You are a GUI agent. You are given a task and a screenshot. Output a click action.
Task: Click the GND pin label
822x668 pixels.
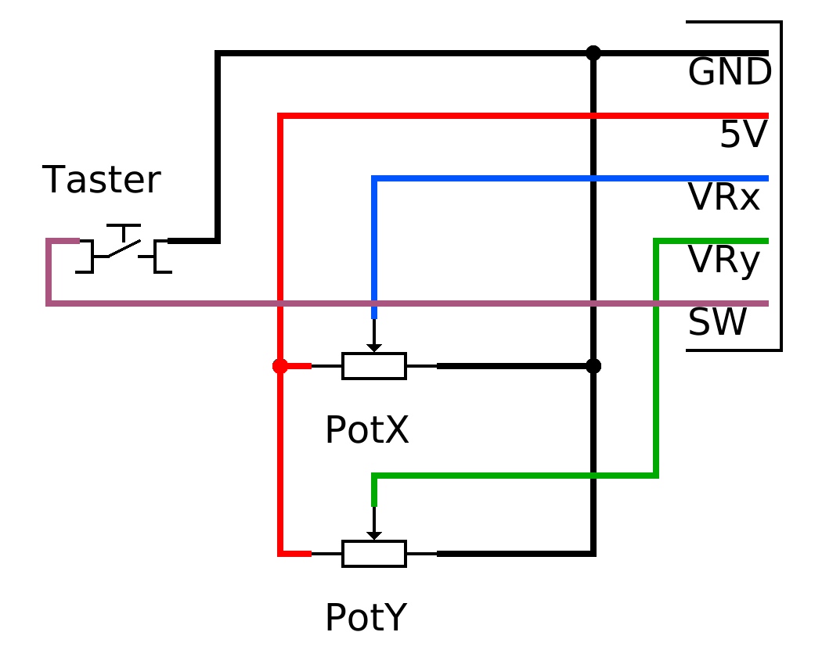[x=730, y=72]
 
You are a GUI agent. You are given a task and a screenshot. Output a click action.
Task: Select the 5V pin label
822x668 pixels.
[x=744, y=135]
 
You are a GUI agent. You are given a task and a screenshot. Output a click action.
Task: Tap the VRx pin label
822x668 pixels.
[x=724, y=198]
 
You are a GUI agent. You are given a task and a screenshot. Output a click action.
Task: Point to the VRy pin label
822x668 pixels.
[x=724, y=260]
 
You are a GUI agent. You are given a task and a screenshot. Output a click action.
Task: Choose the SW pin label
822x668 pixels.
[x=717, y=322]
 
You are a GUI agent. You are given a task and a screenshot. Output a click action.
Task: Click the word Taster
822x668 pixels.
[x=101, y=180]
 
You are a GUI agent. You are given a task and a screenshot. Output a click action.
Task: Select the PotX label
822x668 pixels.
[x=367, y=430]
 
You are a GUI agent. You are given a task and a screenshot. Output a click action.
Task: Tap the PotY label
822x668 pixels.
[x=366, y=618]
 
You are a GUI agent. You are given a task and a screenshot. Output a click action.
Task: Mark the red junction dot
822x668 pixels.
[x=280, y=366]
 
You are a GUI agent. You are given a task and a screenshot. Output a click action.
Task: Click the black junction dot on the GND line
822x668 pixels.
[x=593, y=53]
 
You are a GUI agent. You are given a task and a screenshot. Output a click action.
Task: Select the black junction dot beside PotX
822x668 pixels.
[x=593, y=366]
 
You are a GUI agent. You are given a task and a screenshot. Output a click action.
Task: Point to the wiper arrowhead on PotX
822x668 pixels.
[x=373, y=348]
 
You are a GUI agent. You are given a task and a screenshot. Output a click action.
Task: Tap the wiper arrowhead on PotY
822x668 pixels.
[x=373, y=536]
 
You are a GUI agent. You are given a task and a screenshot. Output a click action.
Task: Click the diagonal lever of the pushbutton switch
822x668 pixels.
[x=124, y=248]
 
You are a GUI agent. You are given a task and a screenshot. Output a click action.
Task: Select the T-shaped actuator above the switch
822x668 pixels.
[x=124, y=232]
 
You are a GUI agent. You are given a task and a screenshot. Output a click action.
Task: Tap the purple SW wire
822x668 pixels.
[x=409, y=303]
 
